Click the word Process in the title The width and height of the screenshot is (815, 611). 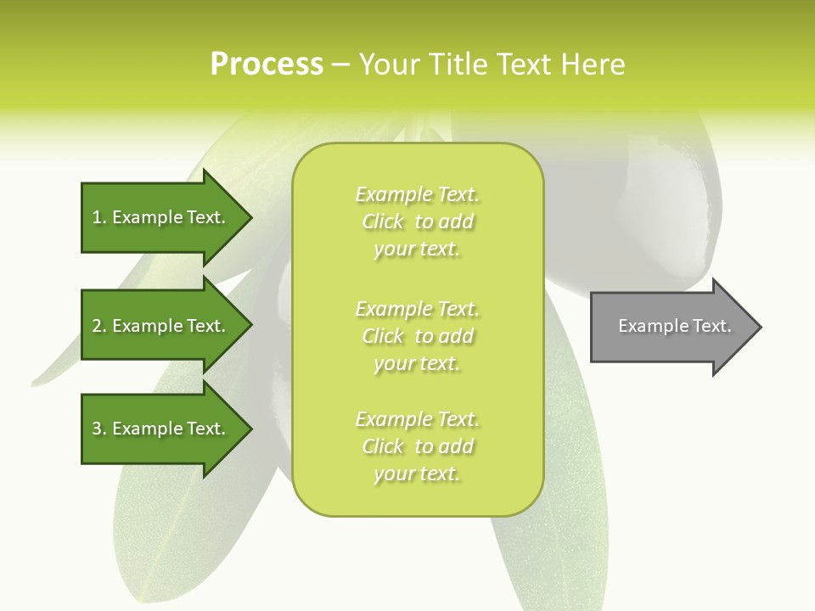click(x=267, y=64)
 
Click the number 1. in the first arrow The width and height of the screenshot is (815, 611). click(x=99, y=217)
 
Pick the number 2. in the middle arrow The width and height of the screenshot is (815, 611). click(x=99, y=326)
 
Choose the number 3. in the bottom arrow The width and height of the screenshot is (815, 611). click(x=99, y=429)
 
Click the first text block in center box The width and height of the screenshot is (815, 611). click(x=417, y=221)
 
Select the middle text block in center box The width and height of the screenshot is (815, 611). click(x=417, y=336)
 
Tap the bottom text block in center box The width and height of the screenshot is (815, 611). click(x=417, y=446)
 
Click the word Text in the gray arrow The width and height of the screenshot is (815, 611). click(x=711, y=326)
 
